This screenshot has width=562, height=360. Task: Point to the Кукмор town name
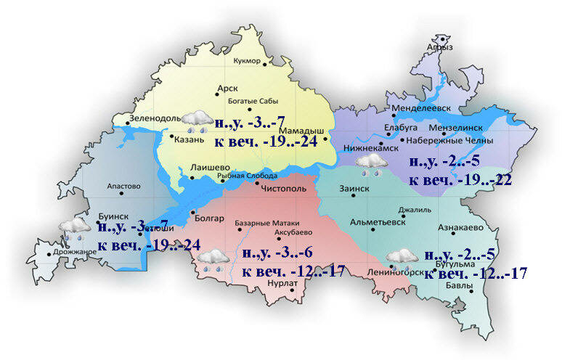coord(247,61)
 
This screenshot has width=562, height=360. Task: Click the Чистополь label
coord(288,186)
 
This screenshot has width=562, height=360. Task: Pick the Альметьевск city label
coord(377,222)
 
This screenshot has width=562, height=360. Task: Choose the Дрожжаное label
coord(75,252)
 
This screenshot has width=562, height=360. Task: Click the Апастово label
coord(123,187)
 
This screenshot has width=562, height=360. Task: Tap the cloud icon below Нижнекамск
coord(372,164)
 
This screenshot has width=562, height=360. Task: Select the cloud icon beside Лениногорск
coord(402,258)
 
